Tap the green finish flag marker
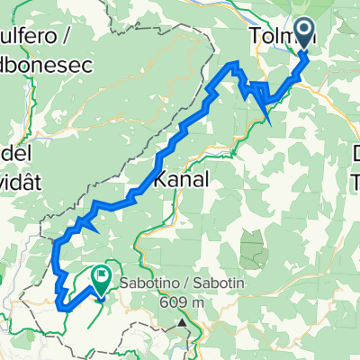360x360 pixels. [x=100, y=281]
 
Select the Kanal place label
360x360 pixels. [x=183, y=180]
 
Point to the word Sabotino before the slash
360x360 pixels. [x=152, y=301]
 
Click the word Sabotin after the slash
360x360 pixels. [x=222, y=301]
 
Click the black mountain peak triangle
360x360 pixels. [x=183, y=321]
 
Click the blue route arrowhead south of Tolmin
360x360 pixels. [x=265, y=112]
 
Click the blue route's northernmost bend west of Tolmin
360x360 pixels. [x=236, y=63]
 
